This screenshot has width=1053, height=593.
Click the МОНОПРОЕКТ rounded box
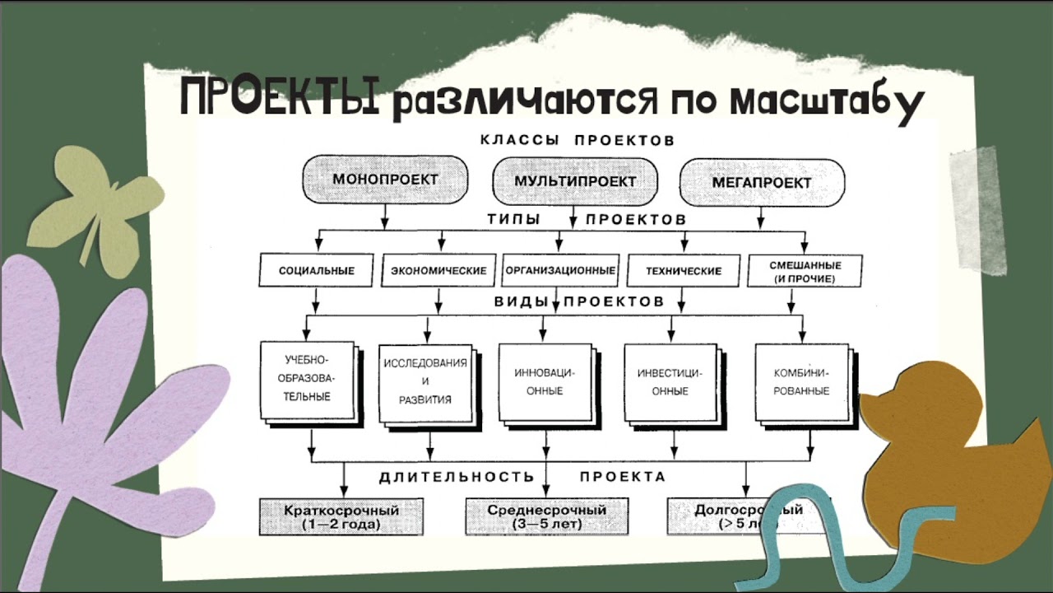[x=385, y=180]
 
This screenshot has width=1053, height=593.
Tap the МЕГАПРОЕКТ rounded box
[x=762, y=182]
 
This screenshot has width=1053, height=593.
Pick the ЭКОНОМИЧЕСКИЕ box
[x=438, y=270]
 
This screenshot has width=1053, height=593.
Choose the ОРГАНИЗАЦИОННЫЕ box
[x=560, y=269]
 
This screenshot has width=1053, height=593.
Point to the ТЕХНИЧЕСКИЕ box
[x=683, y=270]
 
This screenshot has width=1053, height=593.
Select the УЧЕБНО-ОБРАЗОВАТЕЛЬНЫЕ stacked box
[x=307, y=379]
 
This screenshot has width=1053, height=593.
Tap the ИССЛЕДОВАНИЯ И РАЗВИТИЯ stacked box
[x=425, y=382]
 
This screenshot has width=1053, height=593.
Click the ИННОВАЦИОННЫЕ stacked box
[x=544, y=381]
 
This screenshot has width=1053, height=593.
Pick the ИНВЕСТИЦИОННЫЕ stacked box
[x=670, y=382]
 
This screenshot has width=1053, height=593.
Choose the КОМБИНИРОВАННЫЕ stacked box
[x=800, y=382]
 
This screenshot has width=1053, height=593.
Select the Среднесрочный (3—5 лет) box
[x=546, y=516]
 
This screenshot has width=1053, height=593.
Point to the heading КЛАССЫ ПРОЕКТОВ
[x=577, y=140]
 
